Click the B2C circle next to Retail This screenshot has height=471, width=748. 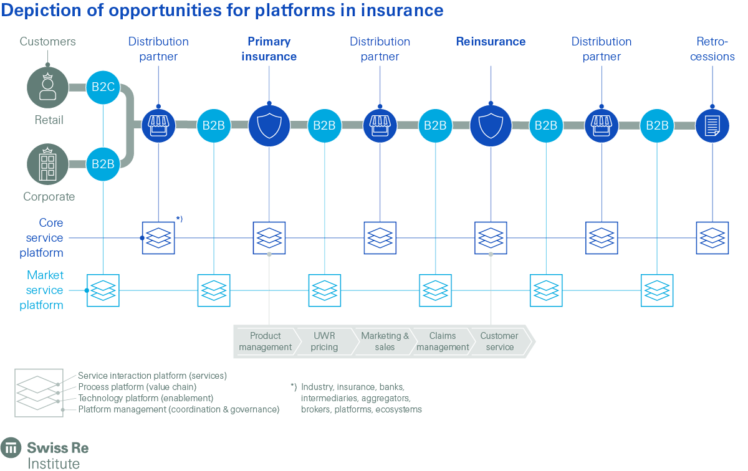103,87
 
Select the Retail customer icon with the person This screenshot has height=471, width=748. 47,87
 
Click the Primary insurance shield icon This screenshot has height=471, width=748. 269,125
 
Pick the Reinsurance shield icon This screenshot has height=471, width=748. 491,125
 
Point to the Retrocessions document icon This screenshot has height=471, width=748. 712,125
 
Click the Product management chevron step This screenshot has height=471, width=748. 265,341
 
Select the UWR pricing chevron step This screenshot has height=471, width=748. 324,341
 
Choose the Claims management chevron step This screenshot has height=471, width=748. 443,341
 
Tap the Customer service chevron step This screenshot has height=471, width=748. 499,341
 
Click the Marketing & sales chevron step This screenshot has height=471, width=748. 385,341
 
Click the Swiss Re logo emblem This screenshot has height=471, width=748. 11,448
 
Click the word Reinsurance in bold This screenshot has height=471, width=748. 491,42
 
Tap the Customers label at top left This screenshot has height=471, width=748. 47,42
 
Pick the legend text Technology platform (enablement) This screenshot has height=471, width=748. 145,398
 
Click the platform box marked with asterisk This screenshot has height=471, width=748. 158,238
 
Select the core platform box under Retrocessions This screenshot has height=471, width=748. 712,238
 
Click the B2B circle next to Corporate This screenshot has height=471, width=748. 103,164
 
